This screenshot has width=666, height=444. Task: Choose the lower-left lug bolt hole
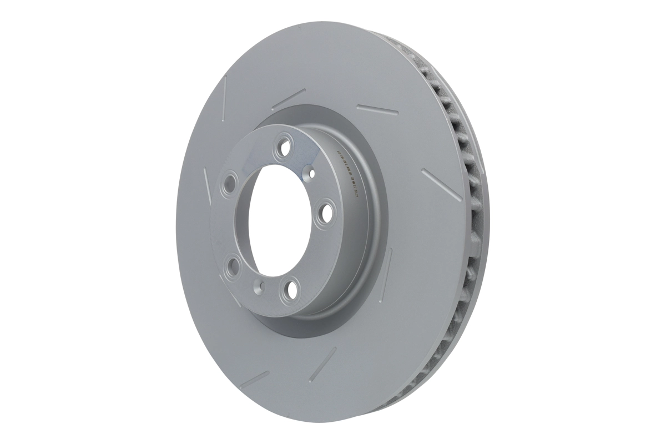233,264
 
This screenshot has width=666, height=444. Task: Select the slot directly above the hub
288,99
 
